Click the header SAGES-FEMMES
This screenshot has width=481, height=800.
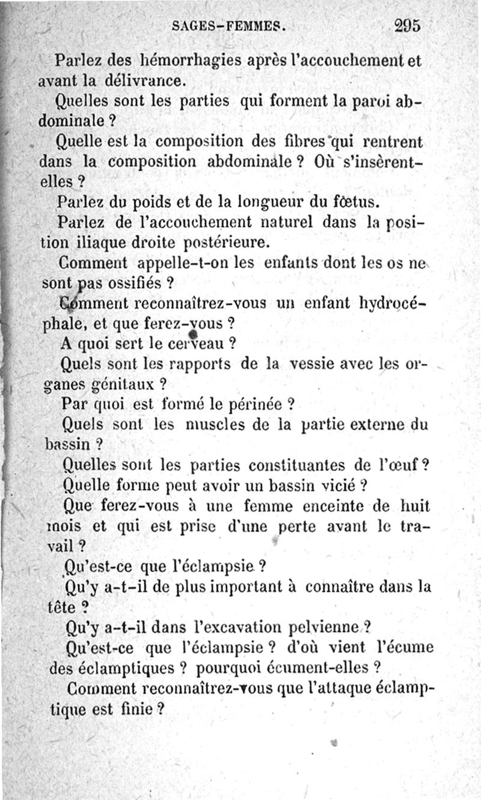pyautogui.click(x=227, y=26)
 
